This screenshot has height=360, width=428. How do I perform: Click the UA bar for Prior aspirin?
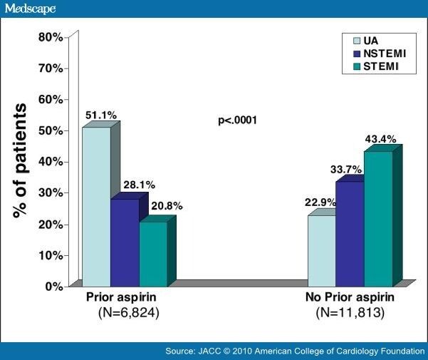96,207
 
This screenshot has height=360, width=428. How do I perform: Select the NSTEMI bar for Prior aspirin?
125,242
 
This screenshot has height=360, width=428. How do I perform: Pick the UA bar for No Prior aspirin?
321,250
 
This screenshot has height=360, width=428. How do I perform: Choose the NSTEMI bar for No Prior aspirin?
350,234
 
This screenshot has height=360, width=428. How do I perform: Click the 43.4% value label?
380,140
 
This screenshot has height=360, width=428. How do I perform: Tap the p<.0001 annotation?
237,120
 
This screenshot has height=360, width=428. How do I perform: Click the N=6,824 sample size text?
128,312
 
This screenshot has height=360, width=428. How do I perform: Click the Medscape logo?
29,8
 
